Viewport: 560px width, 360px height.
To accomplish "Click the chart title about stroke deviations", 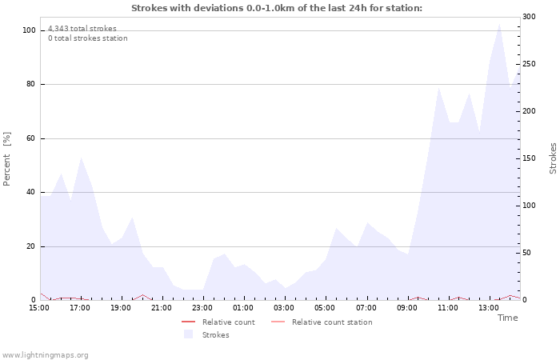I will (276, 8).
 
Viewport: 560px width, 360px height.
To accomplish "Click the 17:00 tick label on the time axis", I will (80, 307).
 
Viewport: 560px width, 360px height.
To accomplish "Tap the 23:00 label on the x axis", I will (202, 307).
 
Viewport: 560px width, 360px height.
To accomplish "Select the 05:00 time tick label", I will (325, 307).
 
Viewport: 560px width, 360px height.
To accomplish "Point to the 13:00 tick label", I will (489, 307).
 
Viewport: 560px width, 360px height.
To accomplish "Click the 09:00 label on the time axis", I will (407, 307).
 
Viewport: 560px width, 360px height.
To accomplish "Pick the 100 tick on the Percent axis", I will (29, 30).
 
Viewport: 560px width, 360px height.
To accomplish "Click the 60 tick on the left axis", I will (31, 138).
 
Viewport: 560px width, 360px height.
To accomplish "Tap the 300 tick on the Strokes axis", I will (529, 17).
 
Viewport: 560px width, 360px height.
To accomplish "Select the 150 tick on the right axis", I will (529, 158).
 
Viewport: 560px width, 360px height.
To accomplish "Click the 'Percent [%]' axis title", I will (7, 158).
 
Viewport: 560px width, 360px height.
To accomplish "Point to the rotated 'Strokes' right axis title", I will (553, 158).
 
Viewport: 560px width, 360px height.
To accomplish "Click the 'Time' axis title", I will (507, 318).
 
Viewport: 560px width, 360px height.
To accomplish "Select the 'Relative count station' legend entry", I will (331, 322).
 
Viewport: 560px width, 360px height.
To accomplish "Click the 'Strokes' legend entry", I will (215, 335).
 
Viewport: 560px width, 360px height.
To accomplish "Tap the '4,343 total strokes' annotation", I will (82, 29).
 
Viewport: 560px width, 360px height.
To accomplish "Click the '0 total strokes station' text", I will (87, 38).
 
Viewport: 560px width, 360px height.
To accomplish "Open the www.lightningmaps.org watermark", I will (45, 355).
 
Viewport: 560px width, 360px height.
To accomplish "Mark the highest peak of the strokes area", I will (499, 23).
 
